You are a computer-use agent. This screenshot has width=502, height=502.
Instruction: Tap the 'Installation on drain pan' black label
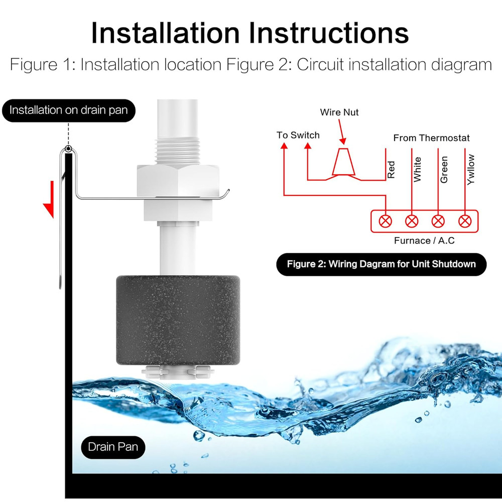68,110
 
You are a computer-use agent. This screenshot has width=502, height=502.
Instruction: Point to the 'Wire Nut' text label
339,112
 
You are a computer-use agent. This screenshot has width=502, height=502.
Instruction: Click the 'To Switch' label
298,135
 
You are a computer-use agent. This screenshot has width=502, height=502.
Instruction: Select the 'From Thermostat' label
431,138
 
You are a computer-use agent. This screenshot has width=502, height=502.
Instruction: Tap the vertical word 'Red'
392,169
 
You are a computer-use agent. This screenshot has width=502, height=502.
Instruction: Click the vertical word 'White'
418,169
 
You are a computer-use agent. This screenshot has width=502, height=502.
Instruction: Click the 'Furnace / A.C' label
424,240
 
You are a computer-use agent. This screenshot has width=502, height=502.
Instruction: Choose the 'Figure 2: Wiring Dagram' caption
381,264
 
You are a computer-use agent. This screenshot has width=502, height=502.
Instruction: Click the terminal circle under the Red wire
386,220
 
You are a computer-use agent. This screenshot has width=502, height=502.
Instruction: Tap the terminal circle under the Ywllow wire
465,220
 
